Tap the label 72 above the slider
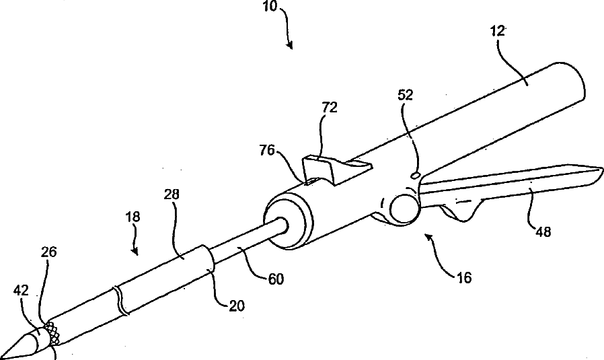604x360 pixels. [330, 108]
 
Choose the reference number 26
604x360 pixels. [48, 252]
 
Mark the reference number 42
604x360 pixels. [20, 291]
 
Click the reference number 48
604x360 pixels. [543, 232]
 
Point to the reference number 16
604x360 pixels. [463, 277]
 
